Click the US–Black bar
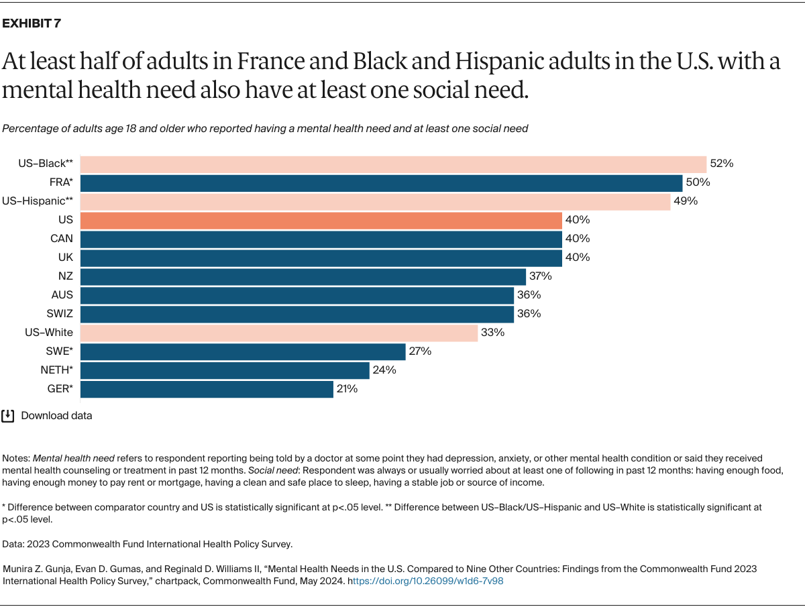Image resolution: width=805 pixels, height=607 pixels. tap(393, 164)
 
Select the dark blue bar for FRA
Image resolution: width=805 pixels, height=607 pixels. tap(381, 183)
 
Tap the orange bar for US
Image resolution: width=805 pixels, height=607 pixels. tap(321, 221)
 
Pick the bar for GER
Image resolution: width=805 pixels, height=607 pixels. tap(207, 390)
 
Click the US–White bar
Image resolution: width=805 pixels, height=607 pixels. tap(279, 333)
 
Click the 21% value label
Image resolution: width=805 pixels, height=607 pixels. tap(347, 389)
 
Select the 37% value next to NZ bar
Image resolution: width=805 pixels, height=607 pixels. tap(540, 276)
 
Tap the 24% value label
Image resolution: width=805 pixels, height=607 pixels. tap(384, 370)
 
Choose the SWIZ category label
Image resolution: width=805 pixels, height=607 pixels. tap(59, 314)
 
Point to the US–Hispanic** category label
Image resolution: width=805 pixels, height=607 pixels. tap(38, 201)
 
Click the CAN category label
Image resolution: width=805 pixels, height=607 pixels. tap(62, 239)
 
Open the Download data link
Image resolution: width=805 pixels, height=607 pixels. tap(56, 416)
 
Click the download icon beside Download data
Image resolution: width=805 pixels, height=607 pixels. tap(8, 416)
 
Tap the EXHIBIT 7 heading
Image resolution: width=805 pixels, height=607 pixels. tap(32, 24)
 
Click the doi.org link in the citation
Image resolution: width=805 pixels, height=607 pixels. tap(425, 582)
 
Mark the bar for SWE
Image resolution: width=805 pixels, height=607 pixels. tap(243, 351)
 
